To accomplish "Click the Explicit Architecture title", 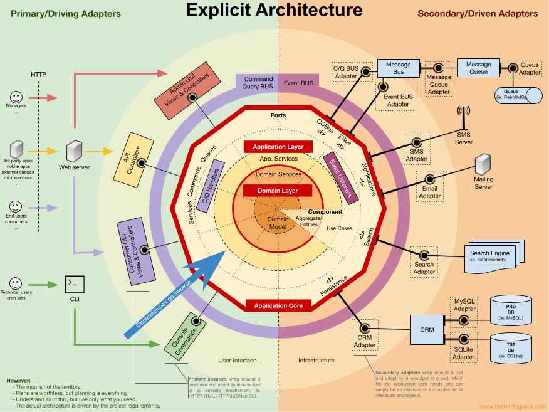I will (274, 11).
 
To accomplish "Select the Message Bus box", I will (398, 68).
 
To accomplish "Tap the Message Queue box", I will (478, 68).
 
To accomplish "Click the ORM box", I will (427, 329).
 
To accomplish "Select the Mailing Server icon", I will (483, 165).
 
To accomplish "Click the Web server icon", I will (74, 151).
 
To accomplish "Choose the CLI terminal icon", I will (74, 284).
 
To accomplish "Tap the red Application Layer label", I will (278, 147).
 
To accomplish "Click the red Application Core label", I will (278, 305).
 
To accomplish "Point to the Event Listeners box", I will (340, 177).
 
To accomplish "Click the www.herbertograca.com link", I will (511, 406).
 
